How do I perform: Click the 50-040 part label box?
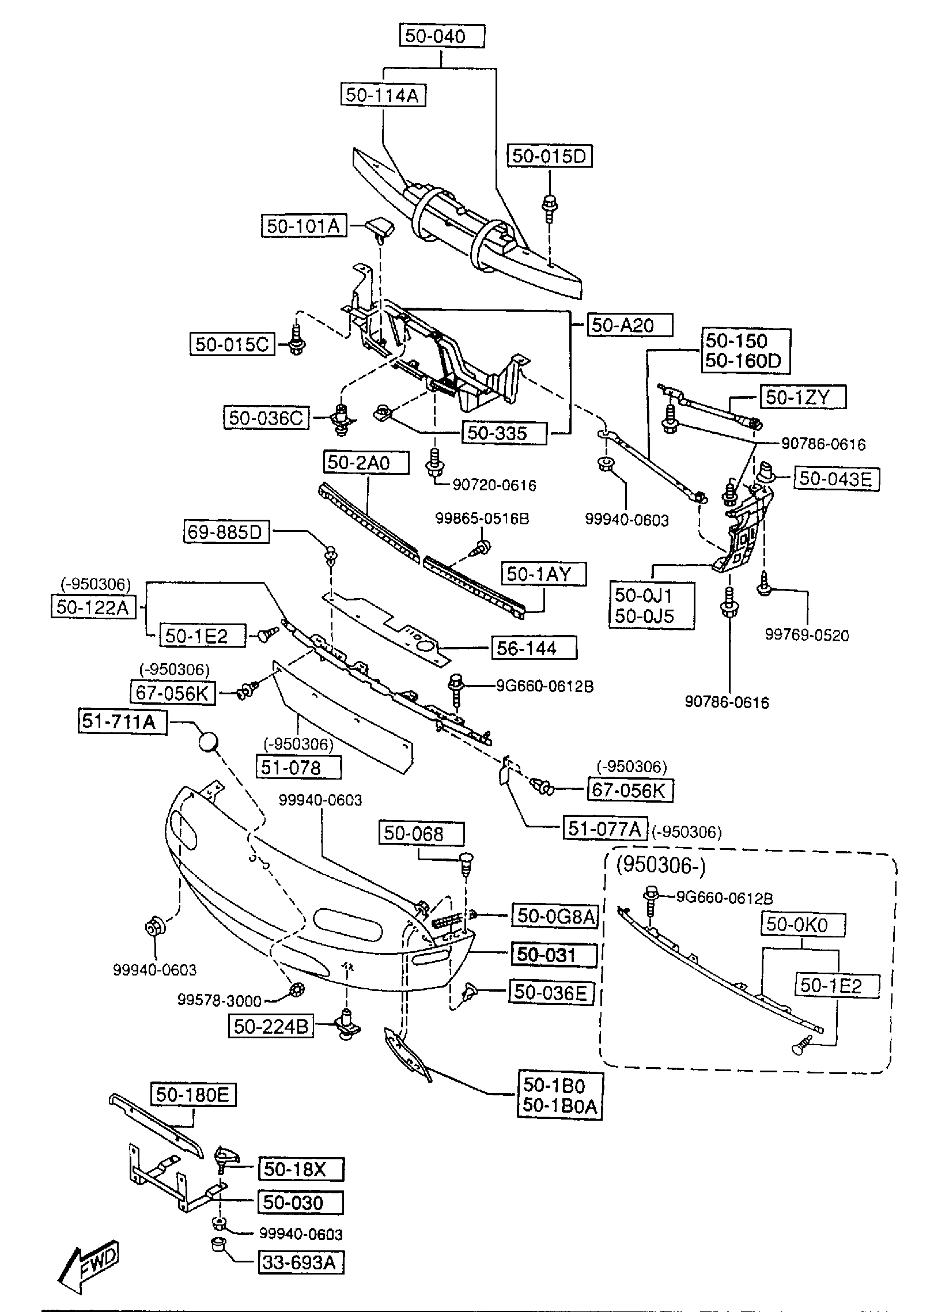(442, 36)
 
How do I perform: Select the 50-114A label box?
(383, 95)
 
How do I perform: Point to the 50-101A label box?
(304, 226)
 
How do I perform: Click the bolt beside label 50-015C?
(297, 340)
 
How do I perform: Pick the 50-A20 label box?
(630, 326)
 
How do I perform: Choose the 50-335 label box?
(504, 433)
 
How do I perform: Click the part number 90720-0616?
(494, 485)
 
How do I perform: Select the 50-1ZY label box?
(804, 398)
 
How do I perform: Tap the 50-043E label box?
(837, 479)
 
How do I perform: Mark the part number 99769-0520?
(807, 635)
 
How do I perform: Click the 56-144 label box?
(534, 648)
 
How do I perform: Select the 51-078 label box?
(298, 767)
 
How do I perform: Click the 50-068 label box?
(421, 834)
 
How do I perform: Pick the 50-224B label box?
(271, 1026)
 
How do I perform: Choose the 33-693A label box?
(300, 1262)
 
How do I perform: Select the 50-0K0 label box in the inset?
(804, 925)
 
